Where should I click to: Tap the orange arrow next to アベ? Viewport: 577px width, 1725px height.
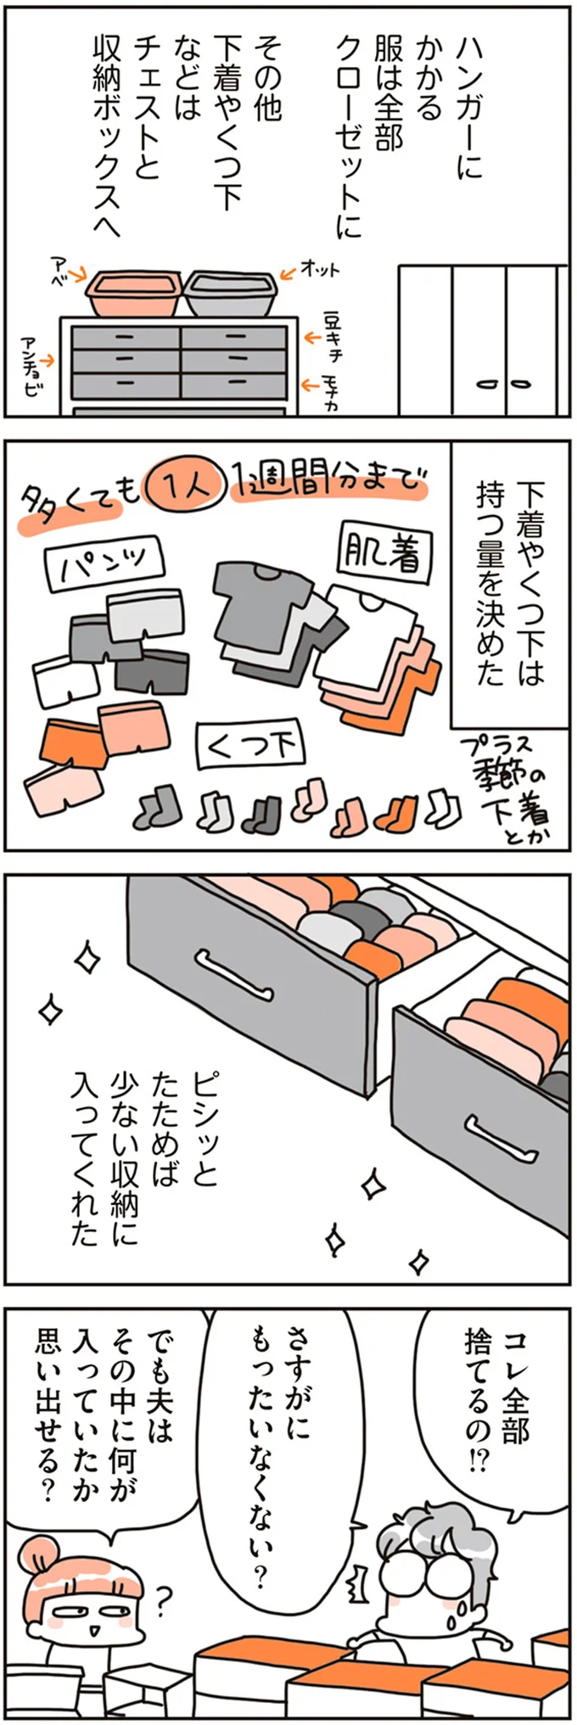(80, 274)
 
